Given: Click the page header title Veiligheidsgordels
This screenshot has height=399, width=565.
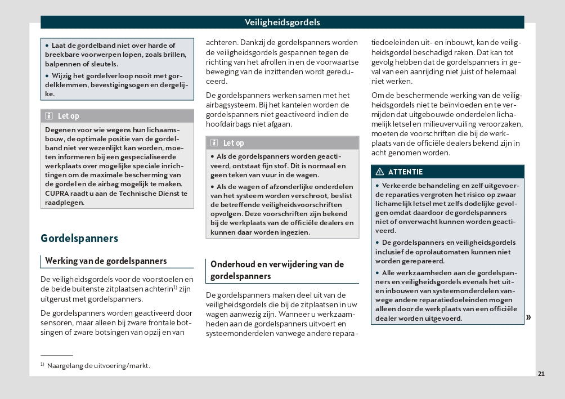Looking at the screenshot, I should pos(282,23).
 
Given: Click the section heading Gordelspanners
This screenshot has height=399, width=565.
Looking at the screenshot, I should pos(79,238).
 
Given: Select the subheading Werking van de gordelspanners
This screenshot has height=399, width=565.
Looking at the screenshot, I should pos(106,261).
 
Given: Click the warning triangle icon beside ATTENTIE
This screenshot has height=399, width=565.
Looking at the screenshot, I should pos(380,172).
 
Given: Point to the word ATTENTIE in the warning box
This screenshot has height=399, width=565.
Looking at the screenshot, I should pos(405,172).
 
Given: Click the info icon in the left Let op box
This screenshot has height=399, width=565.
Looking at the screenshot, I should pos(48,116).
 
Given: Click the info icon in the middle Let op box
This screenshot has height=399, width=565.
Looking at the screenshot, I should pos(214,143).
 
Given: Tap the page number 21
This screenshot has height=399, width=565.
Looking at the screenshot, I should pos(541,374).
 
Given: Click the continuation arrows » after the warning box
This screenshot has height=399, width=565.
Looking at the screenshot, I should pos(528,317).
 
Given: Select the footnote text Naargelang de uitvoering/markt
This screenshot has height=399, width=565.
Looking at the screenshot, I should pos(98,366).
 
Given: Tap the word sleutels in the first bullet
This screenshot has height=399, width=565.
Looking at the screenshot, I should pos(104,64).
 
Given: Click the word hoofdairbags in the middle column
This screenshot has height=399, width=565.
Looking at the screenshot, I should pos(230,124).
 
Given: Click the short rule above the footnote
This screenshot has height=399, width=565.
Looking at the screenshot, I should pos(56,356).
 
